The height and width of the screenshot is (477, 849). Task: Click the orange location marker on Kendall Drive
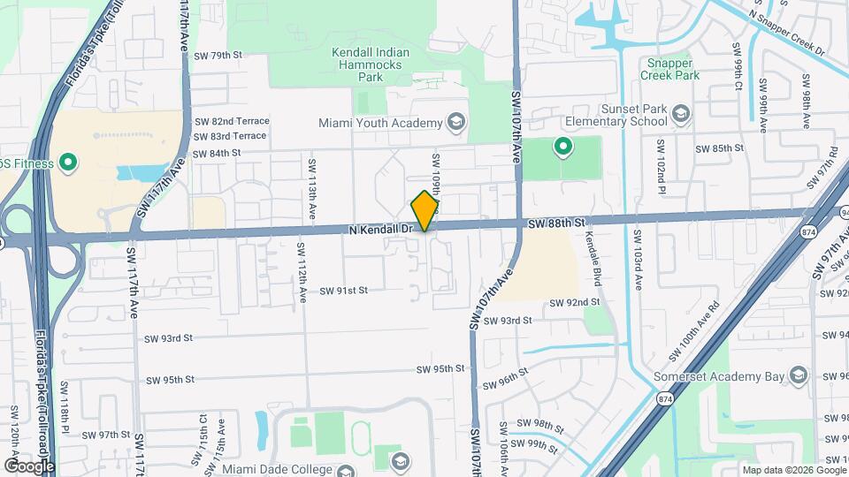tap(425, 210)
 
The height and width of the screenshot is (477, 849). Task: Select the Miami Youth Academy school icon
tap(456, 121)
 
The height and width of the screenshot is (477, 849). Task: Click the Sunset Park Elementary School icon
tap(681, 113)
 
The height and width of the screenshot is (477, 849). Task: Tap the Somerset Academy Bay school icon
tap(799, 376)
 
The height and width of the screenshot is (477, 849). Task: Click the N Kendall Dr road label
tap(381, 230)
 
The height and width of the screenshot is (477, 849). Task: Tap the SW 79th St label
tap(218, 55)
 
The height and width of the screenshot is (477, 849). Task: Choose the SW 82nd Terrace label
tap(232, 121)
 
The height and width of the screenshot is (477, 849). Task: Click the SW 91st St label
tap(343, 290)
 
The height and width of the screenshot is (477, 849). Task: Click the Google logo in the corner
tap(29, 466)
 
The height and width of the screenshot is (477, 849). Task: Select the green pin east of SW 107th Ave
tap(562, 147)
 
